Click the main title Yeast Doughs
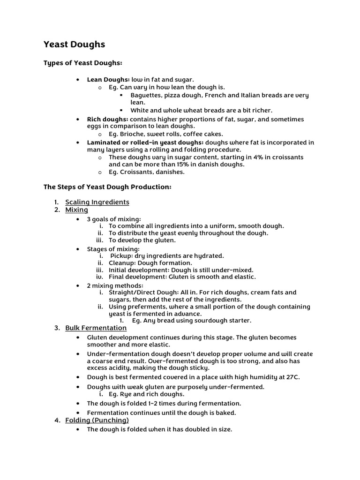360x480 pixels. point(74,45)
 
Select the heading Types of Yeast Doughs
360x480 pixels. point(83,63)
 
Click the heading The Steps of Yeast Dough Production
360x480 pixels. point(107,187)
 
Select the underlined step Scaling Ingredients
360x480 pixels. point(97,202)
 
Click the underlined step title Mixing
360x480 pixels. point(76,210)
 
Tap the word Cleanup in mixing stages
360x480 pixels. point(122,263)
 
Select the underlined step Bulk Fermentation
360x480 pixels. point(96,328)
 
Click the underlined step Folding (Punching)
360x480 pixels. point(97,420)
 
